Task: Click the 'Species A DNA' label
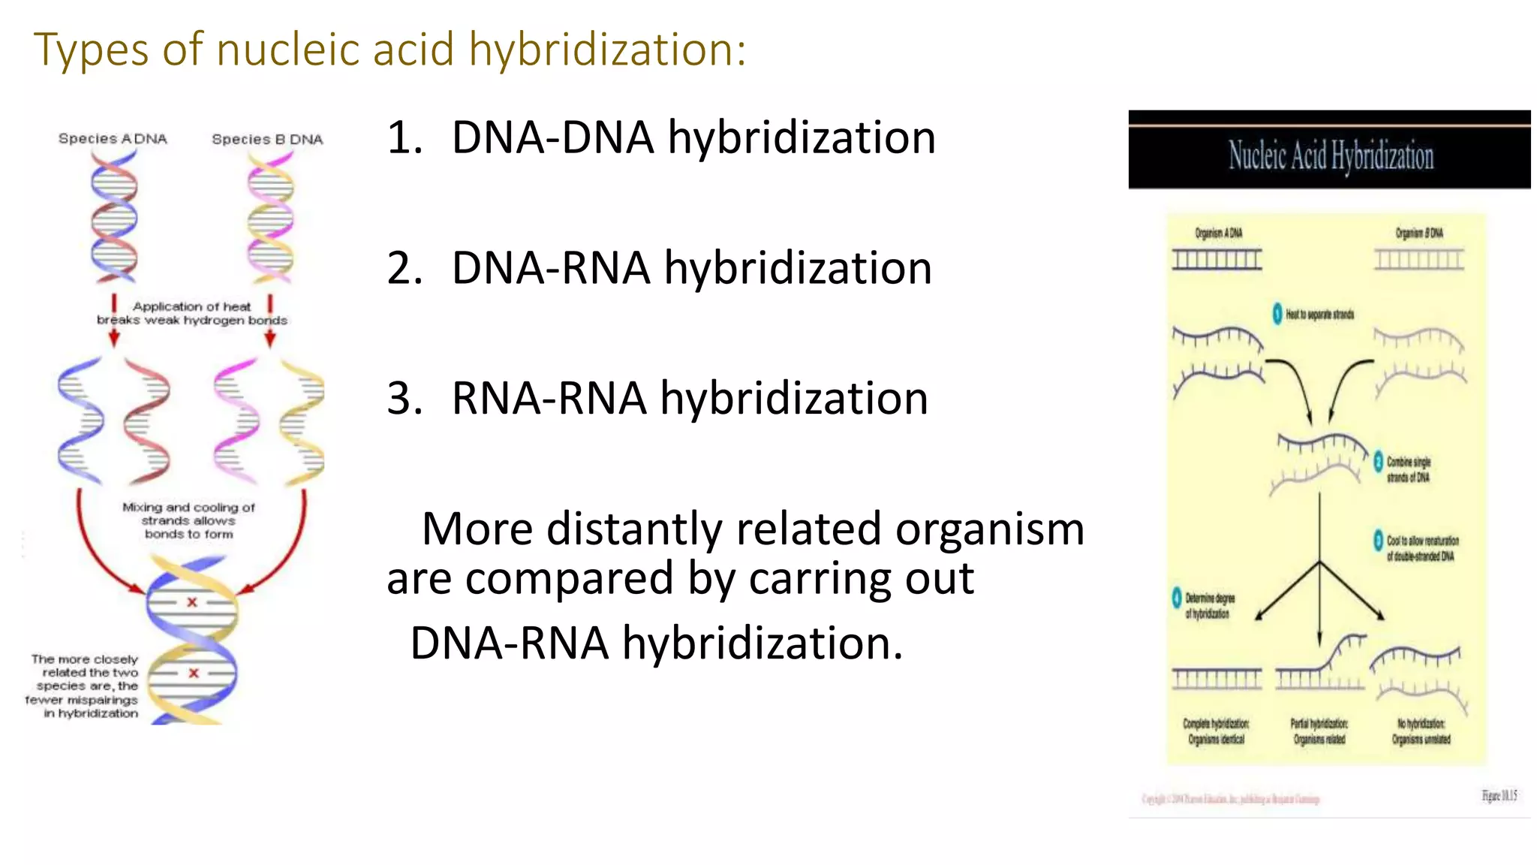click(x=113, y=139)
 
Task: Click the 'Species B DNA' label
click(x=267, y=140)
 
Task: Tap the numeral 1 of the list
click(x=404, y=139)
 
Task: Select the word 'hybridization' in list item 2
click(x=798, y=269)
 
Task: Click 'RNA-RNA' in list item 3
click(x=549, y=399)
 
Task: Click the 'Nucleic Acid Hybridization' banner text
click(x=1330, y=155)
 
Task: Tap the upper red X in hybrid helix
click(x=192, y=602)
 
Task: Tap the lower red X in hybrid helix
click(x=194, y=674)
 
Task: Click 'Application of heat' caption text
click(x=191, y=306)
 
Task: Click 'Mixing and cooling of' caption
click(x=188, y=508)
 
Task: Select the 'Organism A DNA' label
click(x=1218, y=234)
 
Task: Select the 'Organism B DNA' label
click(x=1418, y=234)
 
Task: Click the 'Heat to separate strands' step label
click(x=1319, y=315)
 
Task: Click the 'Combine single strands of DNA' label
click(x=1407, y=469)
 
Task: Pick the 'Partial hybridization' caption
click(x=1319, y=724)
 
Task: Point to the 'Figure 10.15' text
click(x=1499, y=796)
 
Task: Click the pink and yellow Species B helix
click(x=270, y=218)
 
